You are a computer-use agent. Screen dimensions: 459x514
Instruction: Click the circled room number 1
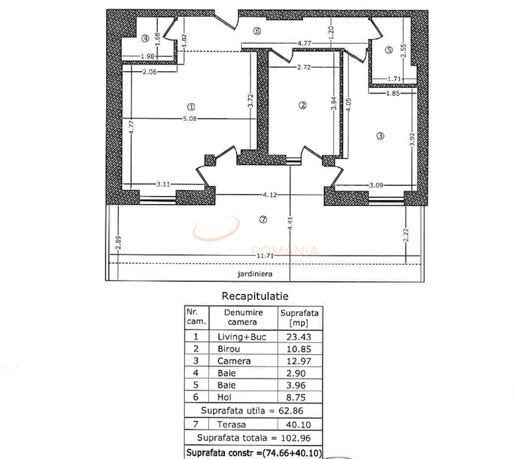coord(191,107)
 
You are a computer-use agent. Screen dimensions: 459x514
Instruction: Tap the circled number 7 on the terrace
coord(263,219)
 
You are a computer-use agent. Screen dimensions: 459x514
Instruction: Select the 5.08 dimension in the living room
coord(190,119)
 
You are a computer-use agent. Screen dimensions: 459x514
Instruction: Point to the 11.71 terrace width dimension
coord(265,256)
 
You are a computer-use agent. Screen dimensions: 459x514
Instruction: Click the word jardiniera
coord(255,274)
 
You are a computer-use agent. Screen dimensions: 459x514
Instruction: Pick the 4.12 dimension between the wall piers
coord(270,195)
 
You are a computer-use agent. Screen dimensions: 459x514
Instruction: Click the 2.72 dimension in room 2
coord(304,67)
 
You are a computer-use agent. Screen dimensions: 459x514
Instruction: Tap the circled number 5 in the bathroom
coord(389,50)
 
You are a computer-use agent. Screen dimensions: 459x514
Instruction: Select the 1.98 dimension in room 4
coord(148,56)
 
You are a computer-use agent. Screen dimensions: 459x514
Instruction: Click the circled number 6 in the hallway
coord(257,31)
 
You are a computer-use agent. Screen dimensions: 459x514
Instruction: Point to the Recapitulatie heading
coord(255,296)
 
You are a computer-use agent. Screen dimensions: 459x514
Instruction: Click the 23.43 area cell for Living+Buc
coord(299,337)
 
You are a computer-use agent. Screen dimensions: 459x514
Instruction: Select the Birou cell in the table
coord(229,349)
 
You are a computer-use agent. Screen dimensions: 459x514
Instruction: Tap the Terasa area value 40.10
coord(298,425)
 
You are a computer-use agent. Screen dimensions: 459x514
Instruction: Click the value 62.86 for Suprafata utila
coord(291,411)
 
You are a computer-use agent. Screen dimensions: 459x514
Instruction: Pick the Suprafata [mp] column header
coord(299,318)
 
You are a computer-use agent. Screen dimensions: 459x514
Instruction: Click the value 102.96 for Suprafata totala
coord(296,438)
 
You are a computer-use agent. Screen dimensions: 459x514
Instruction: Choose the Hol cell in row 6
coord(224,397)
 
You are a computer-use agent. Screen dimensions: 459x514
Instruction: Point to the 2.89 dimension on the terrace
coord(118,243)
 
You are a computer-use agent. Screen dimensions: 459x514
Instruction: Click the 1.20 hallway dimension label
coord(331,33)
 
